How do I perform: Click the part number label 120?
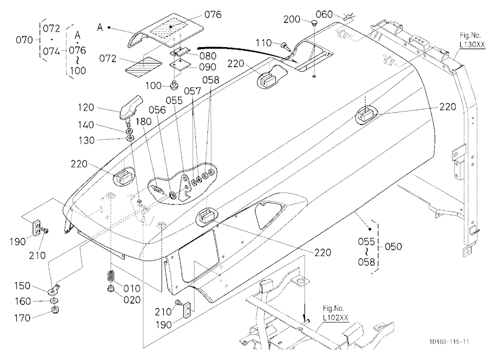point(86,108)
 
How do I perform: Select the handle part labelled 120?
point(131,107)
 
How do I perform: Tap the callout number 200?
point(292,19)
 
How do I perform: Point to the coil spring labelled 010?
point(111,276)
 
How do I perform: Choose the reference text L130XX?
point(472,45)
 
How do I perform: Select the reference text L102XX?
point(335,317)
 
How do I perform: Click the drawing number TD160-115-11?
point(449,342)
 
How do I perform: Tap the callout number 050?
point(393,246)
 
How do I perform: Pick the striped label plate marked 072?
point(144,67)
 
